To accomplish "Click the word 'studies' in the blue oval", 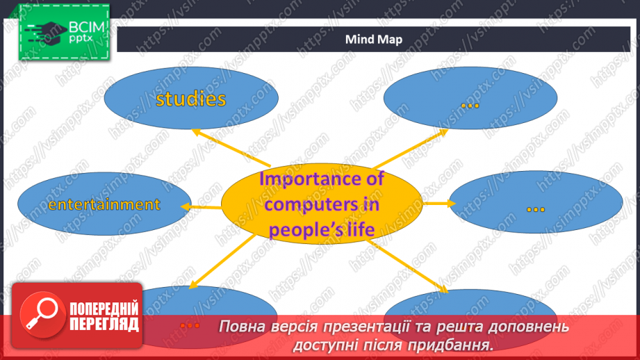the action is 190,99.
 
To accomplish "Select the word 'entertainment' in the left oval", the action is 104,204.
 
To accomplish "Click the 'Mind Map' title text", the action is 373,39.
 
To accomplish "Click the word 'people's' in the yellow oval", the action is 309,230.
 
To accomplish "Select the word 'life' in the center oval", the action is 363,229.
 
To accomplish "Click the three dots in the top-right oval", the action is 470,106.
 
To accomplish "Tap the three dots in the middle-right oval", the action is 536,210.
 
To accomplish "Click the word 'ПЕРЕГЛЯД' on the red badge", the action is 104,325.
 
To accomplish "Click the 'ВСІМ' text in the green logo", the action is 87,27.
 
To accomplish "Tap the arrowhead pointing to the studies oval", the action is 197,133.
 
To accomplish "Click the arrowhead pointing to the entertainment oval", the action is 186,206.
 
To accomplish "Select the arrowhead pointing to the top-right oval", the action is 443,132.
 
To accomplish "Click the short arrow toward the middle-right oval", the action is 439,203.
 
